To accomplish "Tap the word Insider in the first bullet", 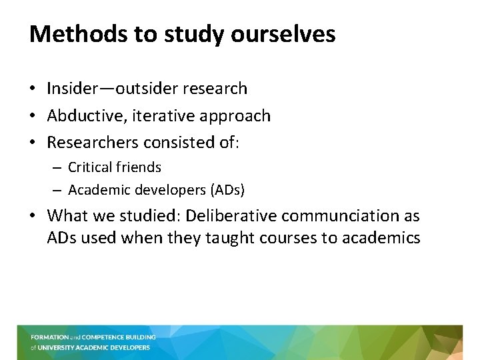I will click(70, 89).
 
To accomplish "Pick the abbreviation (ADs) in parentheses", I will click(227, 191).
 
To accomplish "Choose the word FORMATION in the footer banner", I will click(49, 337).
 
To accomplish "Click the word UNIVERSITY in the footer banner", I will click(58, 347).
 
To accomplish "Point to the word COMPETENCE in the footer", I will click(100, 337).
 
